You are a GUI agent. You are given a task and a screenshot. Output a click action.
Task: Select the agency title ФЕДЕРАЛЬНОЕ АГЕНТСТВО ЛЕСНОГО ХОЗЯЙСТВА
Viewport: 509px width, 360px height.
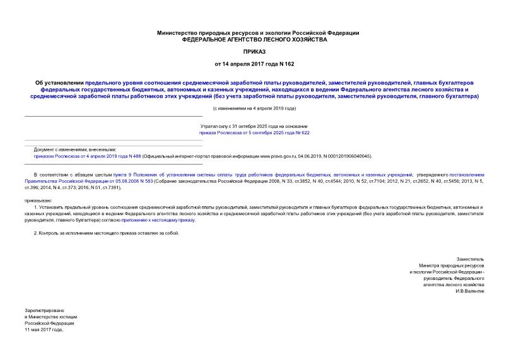[254, 39]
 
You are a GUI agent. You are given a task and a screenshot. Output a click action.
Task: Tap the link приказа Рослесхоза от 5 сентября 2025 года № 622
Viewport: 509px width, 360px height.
[254, 133]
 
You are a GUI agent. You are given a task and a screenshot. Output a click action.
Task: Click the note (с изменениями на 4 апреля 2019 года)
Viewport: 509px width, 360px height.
[254, 109]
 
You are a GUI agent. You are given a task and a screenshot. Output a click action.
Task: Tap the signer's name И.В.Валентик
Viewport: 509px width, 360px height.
[468, 291]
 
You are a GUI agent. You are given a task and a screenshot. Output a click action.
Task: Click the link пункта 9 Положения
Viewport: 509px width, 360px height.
[126, 174]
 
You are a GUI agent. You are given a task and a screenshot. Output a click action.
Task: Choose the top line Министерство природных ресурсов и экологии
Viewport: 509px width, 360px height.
[254, 33]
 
